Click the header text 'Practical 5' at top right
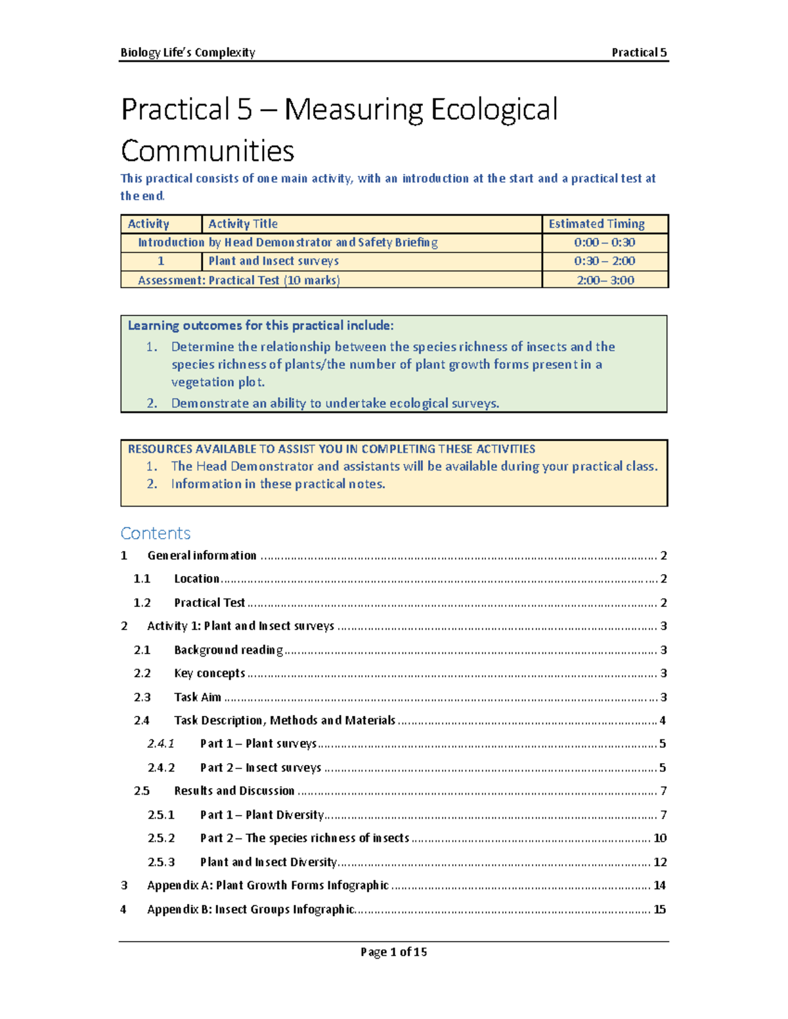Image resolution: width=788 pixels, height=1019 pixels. click(638, 52)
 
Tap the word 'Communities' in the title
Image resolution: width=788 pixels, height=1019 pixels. click(208, 151)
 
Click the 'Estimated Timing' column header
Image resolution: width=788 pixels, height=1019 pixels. click(596, 224)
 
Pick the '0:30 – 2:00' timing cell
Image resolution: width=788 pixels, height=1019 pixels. click(604, 261)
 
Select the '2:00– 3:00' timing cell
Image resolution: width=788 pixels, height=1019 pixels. click(605, 280)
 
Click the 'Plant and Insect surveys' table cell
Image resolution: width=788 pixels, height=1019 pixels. click(273, 261)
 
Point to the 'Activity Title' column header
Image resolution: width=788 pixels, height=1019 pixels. click(243, 224)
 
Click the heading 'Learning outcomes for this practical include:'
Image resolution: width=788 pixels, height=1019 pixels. click(261, 325)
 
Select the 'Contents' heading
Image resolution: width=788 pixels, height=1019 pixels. click(156, 533)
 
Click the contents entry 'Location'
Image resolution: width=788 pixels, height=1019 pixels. click(196, 579)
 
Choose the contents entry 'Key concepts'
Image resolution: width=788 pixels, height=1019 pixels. click(209, 673)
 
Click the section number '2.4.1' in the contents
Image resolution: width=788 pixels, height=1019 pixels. click(161, 743)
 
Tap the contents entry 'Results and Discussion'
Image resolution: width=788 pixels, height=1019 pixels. click(234, 791)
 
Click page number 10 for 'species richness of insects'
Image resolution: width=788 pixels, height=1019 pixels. click(659, 838)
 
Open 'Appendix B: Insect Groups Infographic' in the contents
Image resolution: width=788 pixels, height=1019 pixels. click(251, 909)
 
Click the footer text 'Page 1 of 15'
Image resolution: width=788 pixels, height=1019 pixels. click(393, 952)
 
